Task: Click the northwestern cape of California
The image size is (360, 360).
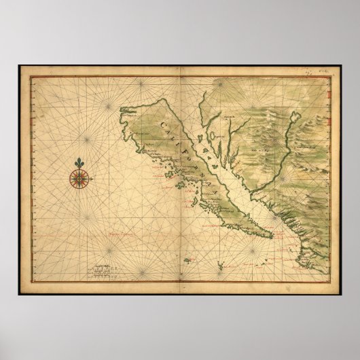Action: pyautogui.click(x=122, y=109)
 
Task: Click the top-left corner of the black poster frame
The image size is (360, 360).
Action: pyautogui.click(x=19, y=66)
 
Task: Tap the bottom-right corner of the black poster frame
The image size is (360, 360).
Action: pyautogui.click(x=341, y=293)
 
